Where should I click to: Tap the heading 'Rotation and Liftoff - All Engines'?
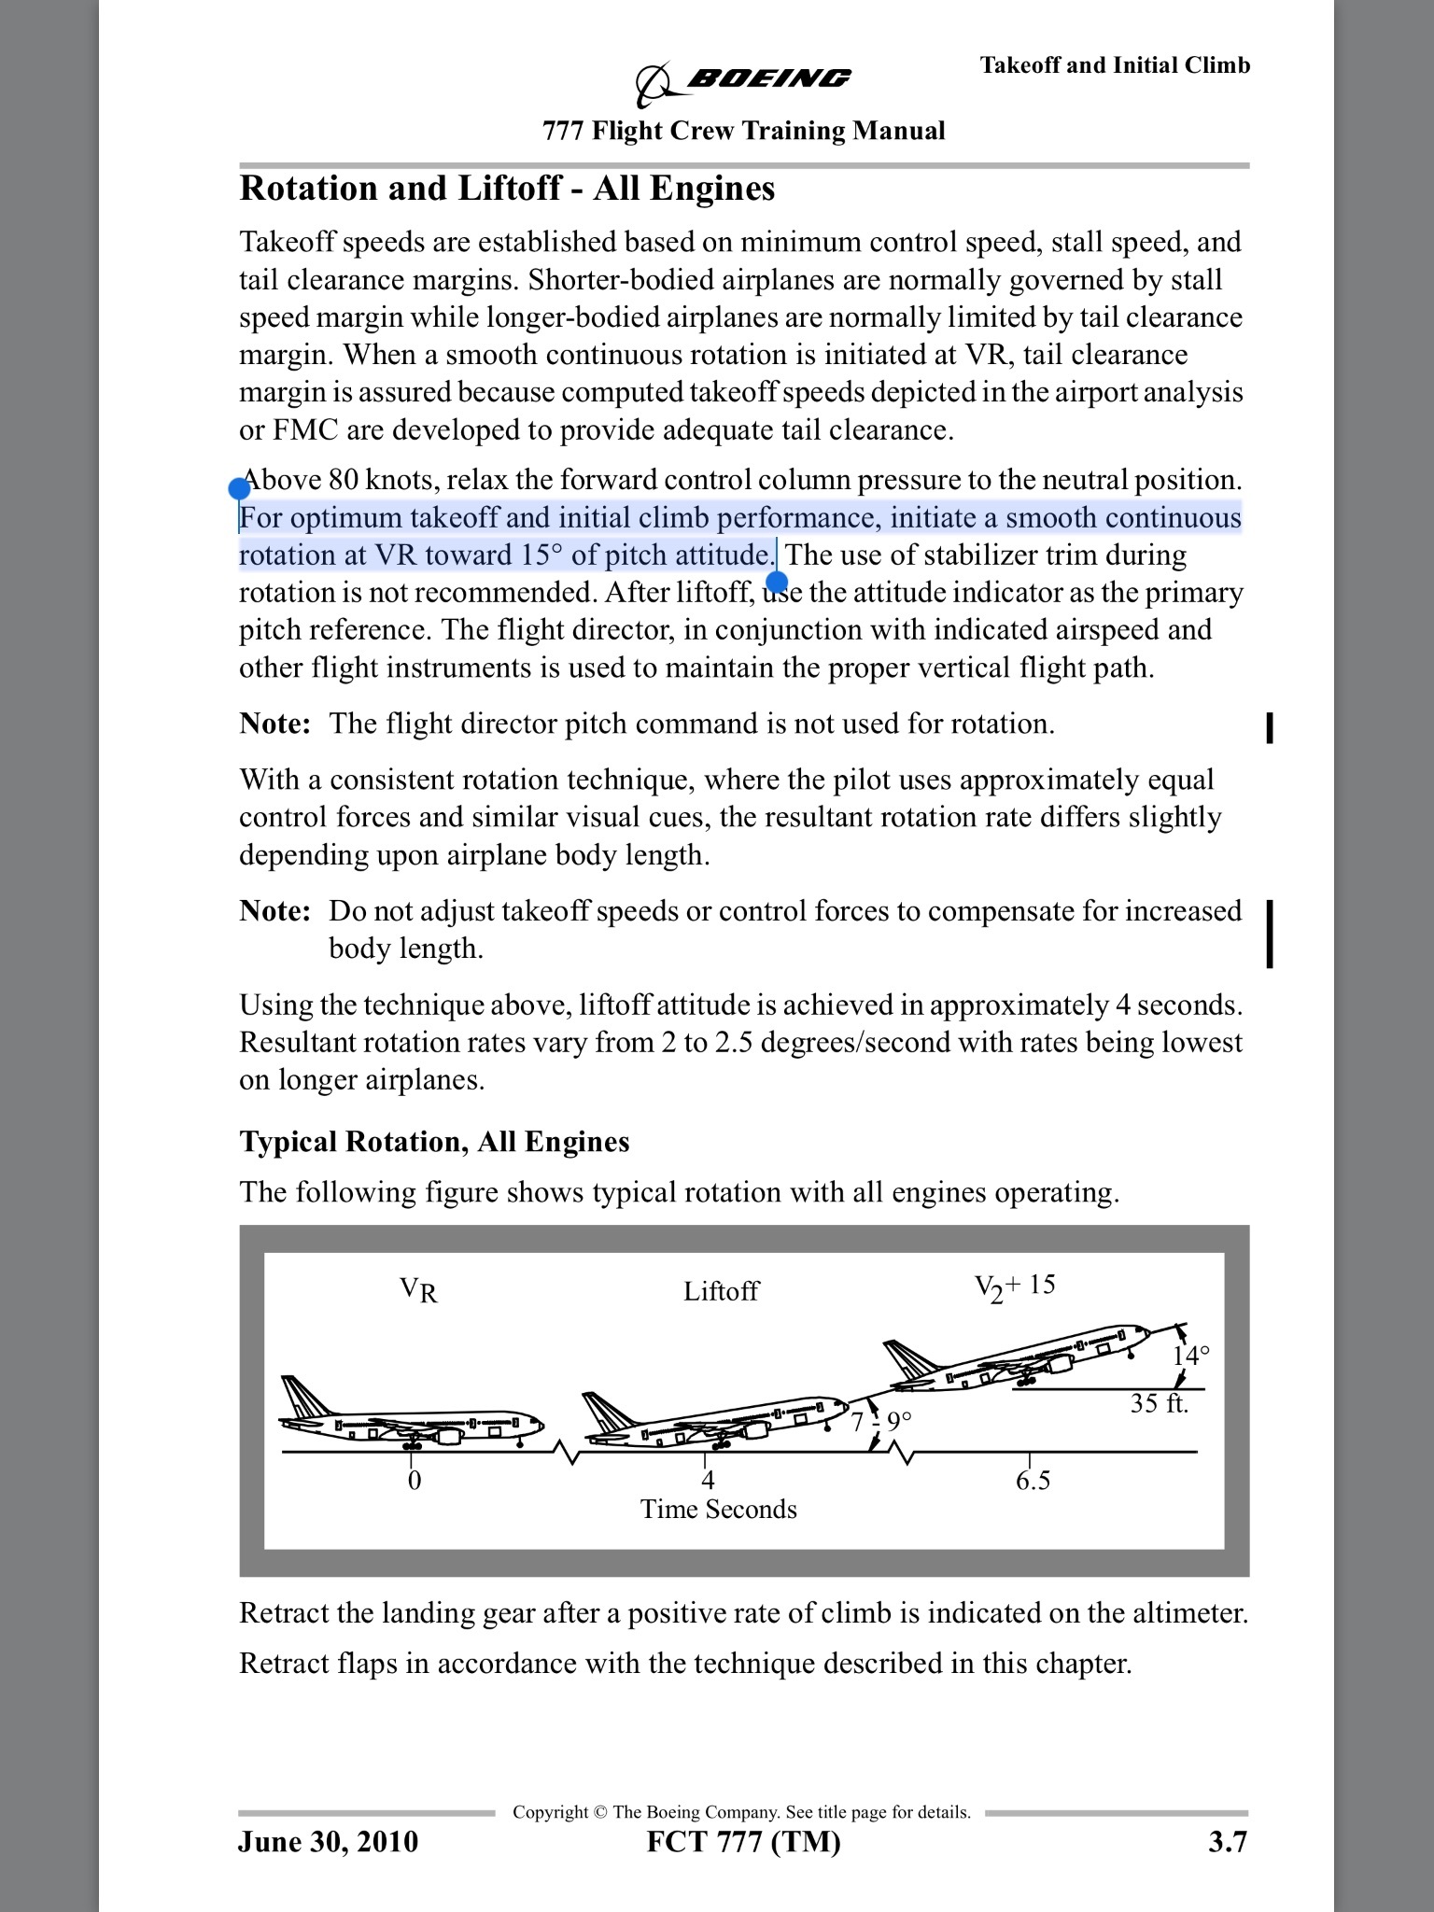click(507, 189)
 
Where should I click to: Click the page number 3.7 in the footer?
click(1227, 1842)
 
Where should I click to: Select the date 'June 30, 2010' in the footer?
click(328, 1842)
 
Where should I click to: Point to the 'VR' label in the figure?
click(418, 1290)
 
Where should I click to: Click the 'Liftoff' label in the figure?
click(721, 1291)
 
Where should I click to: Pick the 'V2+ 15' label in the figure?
click(1015, 1286)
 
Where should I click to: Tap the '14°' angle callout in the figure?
click(1191, 1355)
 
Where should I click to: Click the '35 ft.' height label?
click(1159, 1403)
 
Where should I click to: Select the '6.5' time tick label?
click(1033, 1481)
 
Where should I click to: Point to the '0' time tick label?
click(414, 1481)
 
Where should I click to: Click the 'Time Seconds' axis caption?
click(718, 1510)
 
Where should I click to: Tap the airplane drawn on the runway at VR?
click(412, 1415)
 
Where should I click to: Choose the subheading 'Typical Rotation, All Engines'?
click(434, 1142)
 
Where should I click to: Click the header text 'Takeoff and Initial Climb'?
click(1115, 64)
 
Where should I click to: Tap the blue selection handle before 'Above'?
click(239, 488)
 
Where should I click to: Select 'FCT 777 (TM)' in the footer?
click(743, 1842)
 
